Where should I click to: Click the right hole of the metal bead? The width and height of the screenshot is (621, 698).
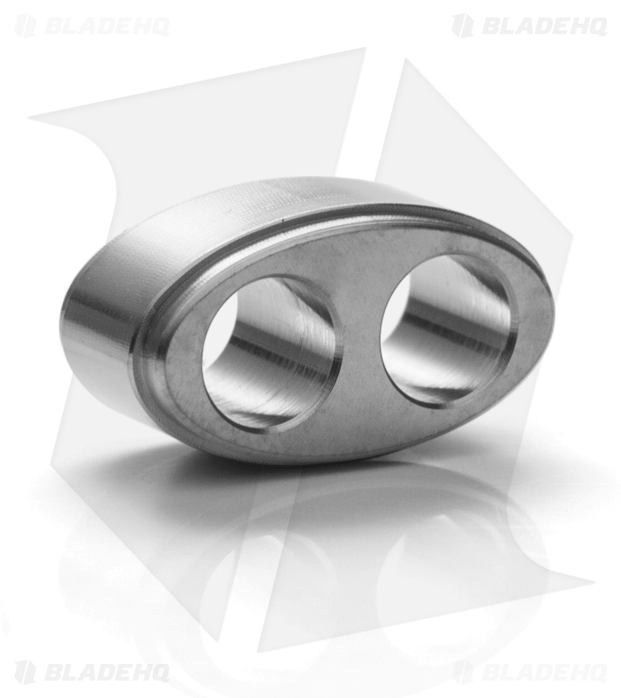pos(445,328)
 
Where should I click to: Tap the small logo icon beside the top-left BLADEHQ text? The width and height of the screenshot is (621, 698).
pos(25,26)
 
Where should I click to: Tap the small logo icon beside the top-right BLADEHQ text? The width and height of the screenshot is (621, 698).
pos(462,26)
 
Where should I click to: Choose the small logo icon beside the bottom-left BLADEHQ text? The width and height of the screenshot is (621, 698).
pos(25,672)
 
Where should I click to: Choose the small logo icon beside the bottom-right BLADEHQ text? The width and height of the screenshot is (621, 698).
pos(462,672)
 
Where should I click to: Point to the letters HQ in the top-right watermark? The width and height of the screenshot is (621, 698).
pos(587,26)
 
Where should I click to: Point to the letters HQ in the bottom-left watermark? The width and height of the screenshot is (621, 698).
pos(150,672)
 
